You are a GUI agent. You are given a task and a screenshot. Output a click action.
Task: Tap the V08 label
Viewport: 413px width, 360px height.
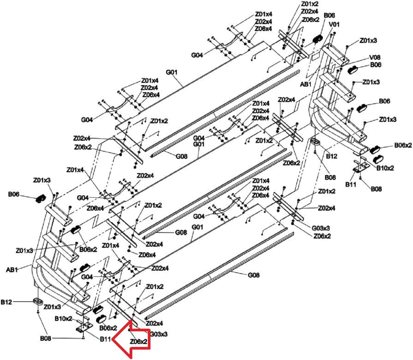click(375, 58)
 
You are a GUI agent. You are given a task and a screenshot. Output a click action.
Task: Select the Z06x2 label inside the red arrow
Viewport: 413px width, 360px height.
click(139, 342)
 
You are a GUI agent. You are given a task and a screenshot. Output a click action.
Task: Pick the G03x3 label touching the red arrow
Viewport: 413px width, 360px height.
click(159, 334)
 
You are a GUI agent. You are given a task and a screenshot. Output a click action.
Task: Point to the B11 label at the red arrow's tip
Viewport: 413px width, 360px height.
click(105, 339)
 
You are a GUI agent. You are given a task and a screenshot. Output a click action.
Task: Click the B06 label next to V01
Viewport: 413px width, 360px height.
click(329, 15)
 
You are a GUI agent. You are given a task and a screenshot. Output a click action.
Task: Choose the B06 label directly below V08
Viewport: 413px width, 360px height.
click(376, 65)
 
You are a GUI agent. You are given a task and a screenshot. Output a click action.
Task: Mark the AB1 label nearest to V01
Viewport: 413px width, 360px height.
click(306, 84)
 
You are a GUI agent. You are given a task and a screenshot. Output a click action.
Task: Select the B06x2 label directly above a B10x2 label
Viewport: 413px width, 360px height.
click(403, 145)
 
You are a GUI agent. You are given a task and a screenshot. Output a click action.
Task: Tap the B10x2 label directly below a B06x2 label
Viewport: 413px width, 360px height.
click(385, 168)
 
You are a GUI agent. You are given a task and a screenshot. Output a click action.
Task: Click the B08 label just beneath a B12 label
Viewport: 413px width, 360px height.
click(330, 177)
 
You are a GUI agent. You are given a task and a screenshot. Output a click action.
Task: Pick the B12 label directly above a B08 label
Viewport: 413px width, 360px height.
click(332, 156)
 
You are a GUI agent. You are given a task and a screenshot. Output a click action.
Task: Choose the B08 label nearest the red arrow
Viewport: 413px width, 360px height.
click(46, 338)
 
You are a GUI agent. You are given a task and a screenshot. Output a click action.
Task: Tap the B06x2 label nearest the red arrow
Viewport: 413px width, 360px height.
click(108, 327)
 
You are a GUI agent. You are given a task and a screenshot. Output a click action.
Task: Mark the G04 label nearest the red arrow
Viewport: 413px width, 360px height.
click(87, 277)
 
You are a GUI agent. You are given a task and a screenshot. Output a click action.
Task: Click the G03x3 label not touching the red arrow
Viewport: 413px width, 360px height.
click(321, 228)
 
